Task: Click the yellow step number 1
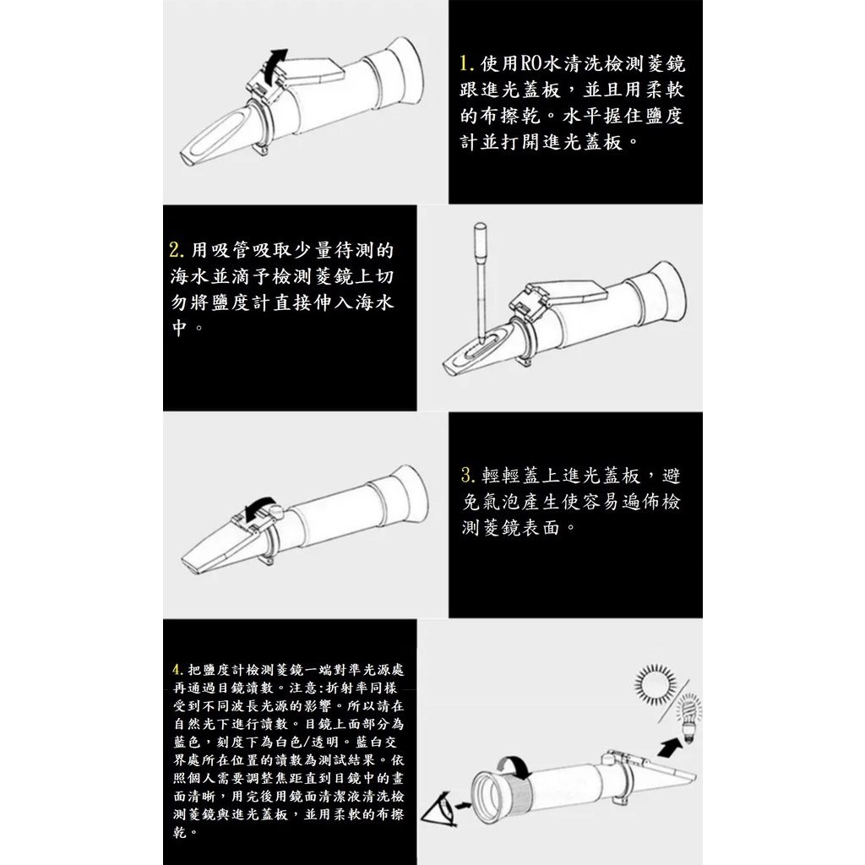click(x=465, y=63)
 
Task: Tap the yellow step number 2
click(x=176, y=251)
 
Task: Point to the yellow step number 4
click(x=176, y=672)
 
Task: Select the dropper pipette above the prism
click(x=479, y=279)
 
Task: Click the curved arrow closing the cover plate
click(x=254, y=509)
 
